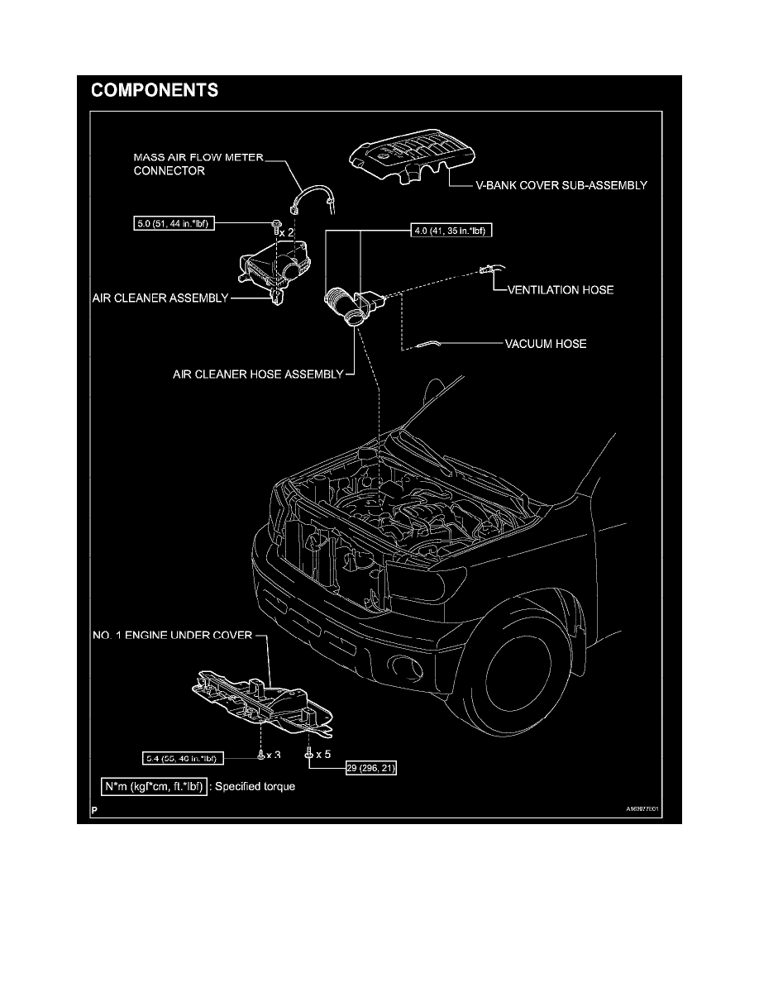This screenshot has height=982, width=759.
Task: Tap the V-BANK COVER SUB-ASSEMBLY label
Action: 554,186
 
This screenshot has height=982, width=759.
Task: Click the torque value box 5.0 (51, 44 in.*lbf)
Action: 172,223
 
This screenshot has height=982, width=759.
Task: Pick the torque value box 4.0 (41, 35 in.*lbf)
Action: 451,232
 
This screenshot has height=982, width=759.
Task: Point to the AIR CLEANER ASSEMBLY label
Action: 159,298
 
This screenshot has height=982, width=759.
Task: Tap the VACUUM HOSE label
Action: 545,343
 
